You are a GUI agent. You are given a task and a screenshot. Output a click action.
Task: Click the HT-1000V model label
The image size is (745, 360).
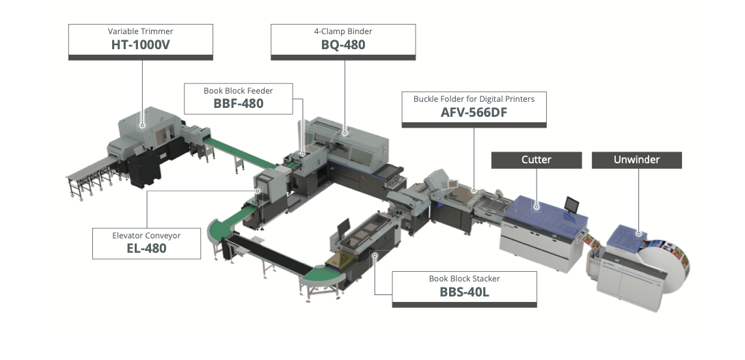coord(141,45)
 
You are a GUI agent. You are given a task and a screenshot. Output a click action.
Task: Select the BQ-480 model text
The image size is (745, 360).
coord(343,45)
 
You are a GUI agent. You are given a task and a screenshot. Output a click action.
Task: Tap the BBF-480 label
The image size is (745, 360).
coord(239,104)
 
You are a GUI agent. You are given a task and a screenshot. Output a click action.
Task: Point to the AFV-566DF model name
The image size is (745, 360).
coord(474,113)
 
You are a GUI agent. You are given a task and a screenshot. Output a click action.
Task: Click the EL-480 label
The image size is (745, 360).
coord(146,249)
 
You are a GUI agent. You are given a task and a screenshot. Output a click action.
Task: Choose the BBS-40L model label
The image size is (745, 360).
coord(464,292)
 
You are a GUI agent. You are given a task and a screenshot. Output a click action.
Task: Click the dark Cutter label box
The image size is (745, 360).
coord(537,160)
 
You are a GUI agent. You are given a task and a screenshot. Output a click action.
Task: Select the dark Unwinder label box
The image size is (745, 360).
coord(636,160)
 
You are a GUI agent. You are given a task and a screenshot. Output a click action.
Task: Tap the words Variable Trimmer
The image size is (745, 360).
coord(141,31)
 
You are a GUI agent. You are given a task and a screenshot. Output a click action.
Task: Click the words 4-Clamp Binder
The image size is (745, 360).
coord(343,31)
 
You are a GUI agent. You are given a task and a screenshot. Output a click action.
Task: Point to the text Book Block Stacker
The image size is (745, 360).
coord(464,279)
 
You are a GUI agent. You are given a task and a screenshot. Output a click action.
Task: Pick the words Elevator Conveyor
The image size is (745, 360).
coord(146,236)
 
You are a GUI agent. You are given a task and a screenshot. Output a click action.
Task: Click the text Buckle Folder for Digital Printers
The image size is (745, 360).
coord(474,99)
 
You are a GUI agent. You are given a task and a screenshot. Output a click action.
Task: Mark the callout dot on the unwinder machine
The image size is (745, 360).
coord(640,233)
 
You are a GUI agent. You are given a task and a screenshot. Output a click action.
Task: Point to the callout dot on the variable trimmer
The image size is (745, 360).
coord(142,126)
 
